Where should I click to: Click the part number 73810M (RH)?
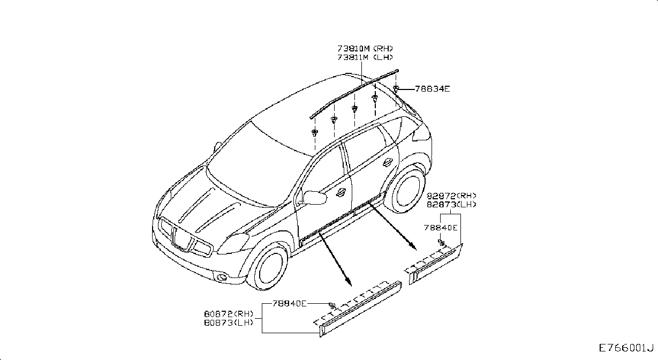365,48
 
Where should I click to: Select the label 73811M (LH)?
365,57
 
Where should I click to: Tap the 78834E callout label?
432,89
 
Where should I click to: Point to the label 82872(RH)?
451,196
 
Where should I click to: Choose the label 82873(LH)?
451,205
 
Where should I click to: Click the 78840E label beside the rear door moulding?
440,228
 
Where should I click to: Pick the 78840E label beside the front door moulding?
289,303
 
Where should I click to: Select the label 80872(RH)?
229,314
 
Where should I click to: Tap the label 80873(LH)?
229,322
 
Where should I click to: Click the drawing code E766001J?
626,348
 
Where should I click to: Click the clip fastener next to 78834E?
396,89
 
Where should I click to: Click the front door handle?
341,192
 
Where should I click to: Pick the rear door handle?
388,162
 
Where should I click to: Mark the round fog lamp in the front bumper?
222,276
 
